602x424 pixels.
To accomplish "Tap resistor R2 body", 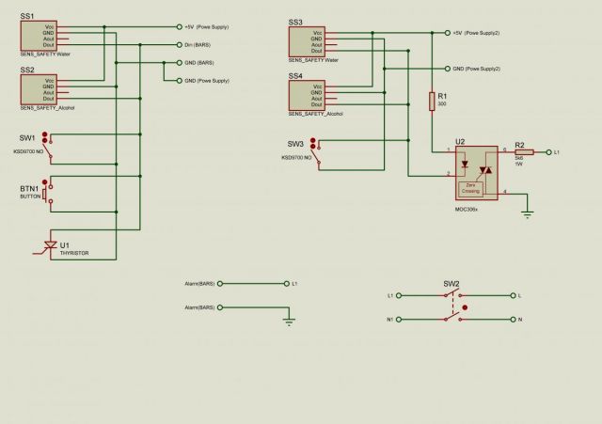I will pyautogui.click(x=524, y=151).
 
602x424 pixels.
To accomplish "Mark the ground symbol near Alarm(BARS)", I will pyautogui.click(x=289, y=322).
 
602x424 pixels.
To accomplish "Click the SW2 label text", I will pyautogui.click(x=451, y=283).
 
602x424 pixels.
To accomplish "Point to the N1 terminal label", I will pyautogui.click(x=390, y=320).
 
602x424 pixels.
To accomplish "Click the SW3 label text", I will pyautogui.click(x=295, y=143).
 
